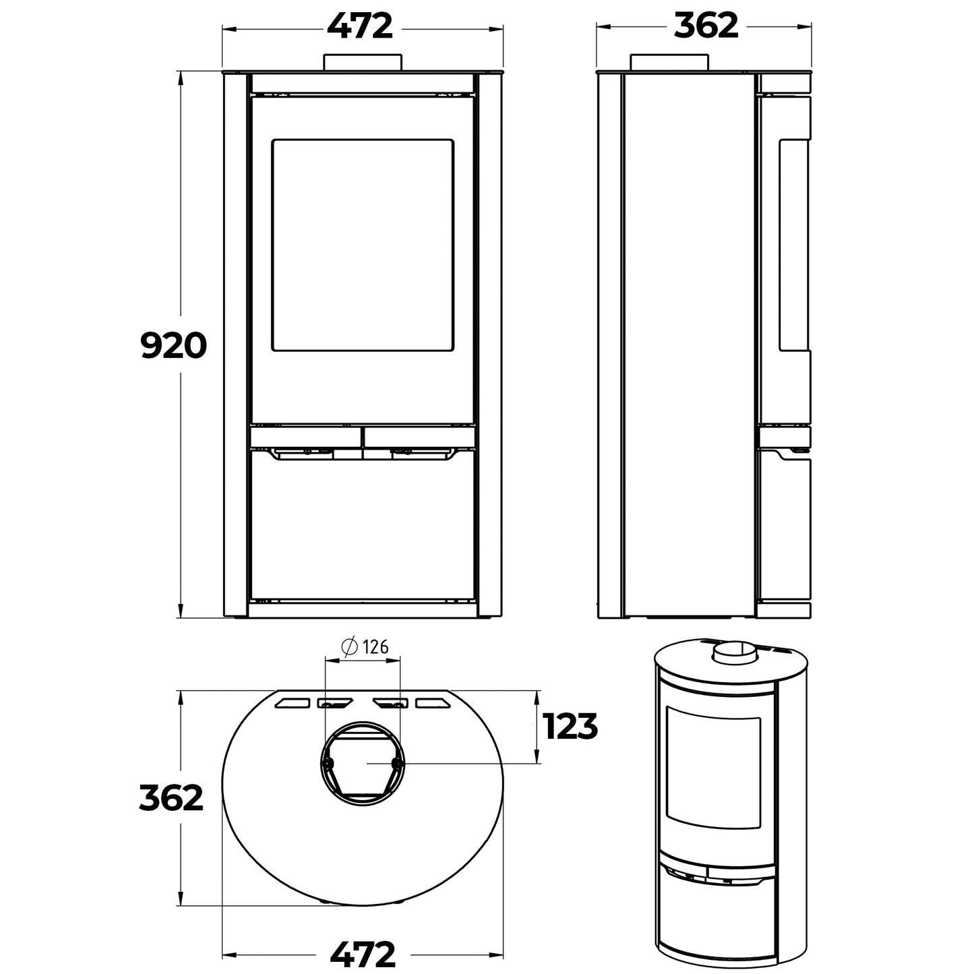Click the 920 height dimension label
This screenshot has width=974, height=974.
172,346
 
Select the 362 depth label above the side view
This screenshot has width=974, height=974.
706,27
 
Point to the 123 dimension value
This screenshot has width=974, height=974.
570,727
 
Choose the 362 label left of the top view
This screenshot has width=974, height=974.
171,798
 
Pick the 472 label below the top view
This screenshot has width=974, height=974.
363,954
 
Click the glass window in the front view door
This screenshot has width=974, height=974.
362,245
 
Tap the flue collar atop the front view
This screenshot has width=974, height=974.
363,61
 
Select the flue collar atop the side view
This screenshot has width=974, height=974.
669,61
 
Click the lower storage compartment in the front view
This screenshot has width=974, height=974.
362,526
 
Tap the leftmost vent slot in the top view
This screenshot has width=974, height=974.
291,703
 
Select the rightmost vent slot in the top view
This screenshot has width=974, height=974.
433,703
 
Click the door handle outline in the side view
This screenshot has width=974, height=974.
794,245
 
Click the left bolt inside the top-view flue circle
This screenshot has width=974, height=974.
328,763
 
